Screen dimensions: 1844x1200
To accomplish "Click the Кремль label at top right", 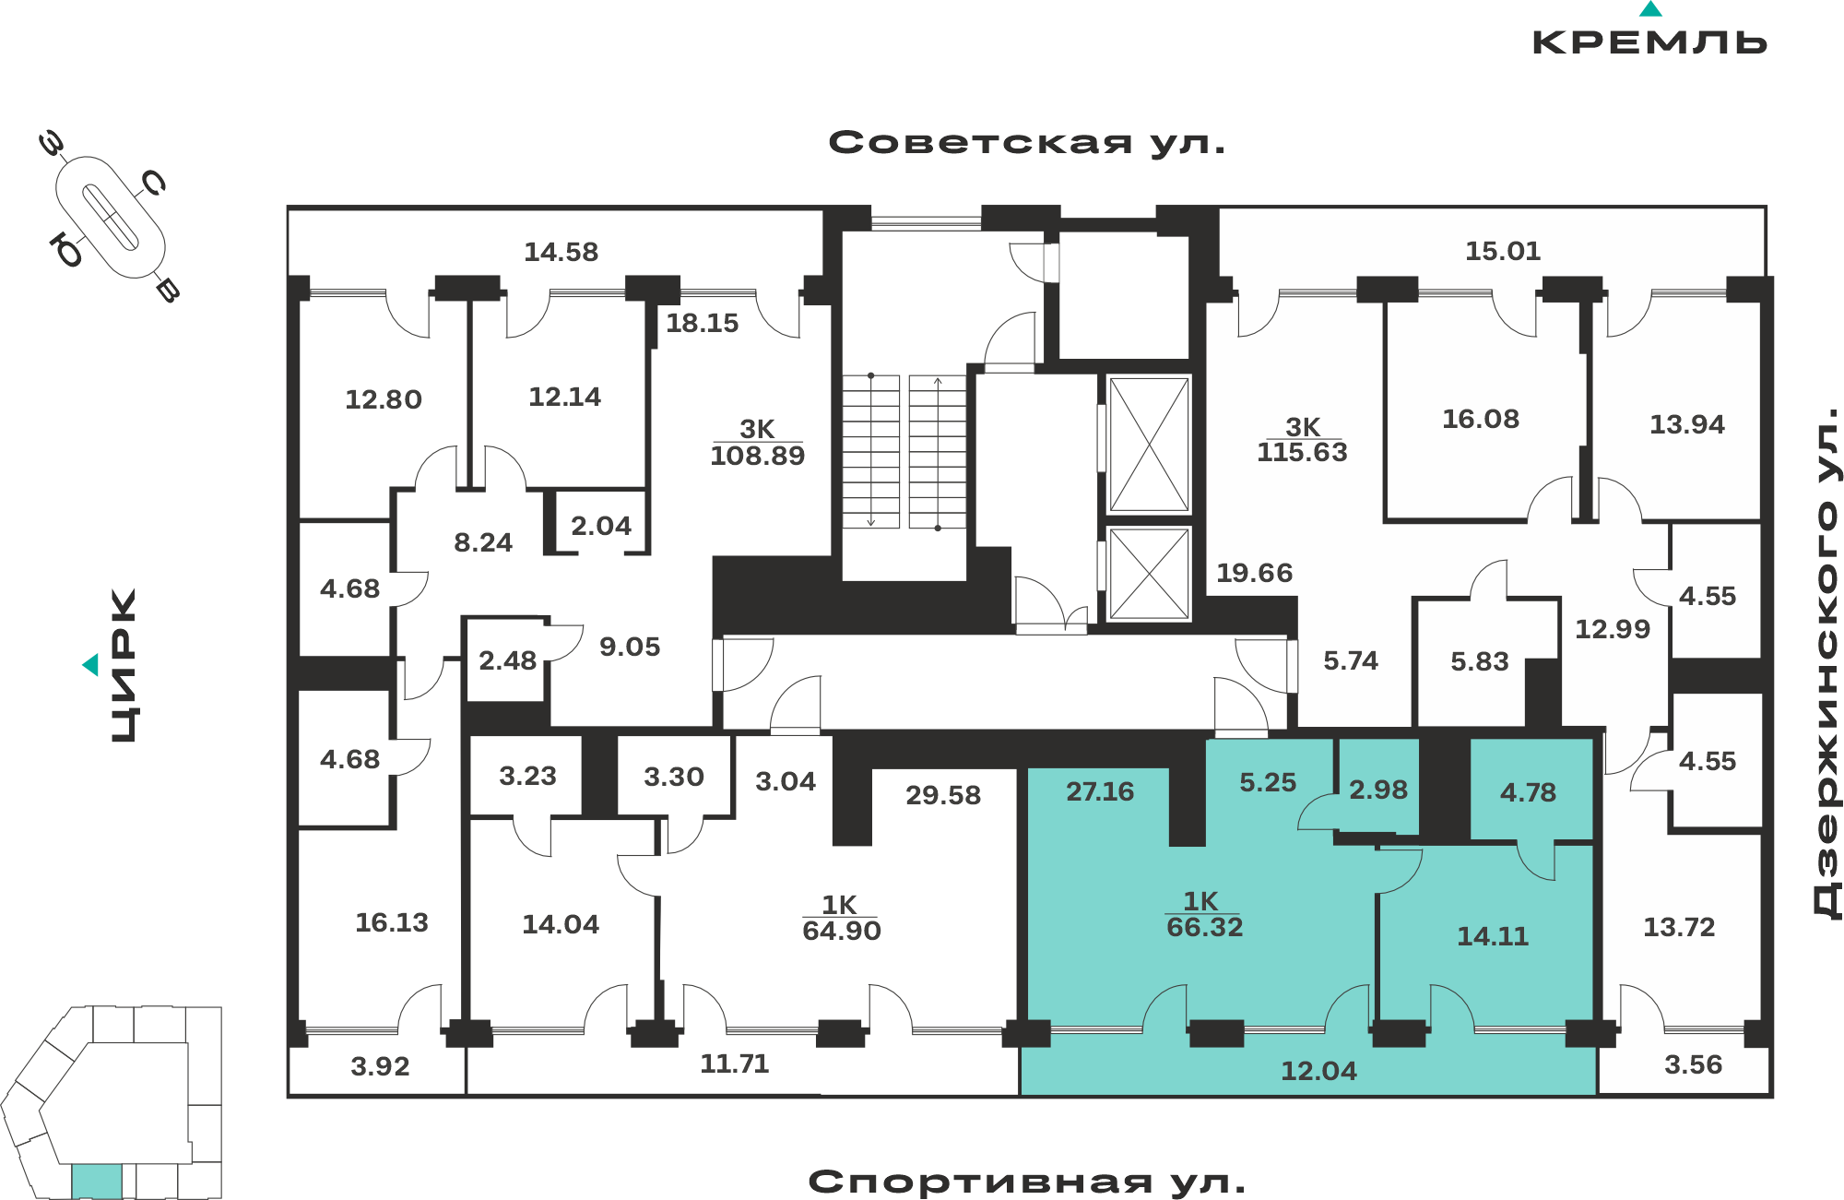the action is pyautogui.click(x=1649, y=42).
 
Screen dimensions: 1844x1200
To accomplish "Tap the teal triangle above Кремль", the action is pyautogui.click(x=1650, y=9).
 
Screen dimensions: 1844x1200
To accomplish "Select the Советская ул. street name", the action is pyautogui.click(x=1027, y=143).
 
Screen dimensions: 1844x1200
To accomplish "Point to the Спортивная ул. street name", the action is pyautogui.click(x=1026, y=1182).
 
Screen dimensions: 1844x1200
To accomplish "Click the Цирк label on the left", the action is pyautogui.click(x=124, y=665).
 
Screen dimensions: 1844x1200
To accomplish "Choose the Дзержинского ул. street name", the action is pyautogui.click(x=1826, y=663).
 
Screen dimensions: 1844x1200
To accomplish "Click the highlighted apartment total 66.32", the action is pyautogui.click(x=1205, y=927).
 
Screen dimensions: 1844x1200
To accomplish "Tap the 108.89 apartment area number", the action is pyautogui.click(x=758, y=456).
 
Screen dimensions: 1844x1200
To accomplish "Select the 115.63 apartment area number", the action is pyautogui.click(x=1302, y=453).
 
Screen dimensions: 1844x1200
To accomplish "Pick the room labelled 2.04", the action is pyautogui.click(x=601, y=526).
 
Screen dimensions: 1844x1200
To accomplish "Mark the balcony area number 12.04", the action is pyautogui.click(x=1318, y=1071).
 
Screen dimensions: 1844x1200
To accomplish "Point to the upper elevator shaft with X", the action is pyautogui.click(x=1149, y=445).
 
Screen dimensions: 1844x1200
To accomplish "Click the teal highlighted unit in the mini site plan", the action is pyautogui.click(x=97, y=1181).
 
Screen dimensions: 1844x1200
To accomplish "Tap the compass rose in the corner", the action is pyautogui.click(x=111, y=218).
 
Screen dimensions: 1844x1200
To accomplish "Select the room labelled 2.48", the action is pyautogui.click(x=507, y=660).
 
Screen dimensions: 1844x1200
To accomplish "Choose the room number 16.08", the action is pyautogui.click(x=1481, y=419).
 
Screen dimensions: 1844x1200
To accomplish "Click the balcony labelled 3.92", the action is pyautogui.click(x=380, y=1066).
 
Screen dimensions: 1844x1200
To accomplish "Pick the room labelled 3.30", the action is pyautogui.click(x=674, y=777).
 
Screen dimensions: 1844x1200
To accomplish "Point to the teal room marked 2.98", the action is pyautogui.click(x=1378, y=790).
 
